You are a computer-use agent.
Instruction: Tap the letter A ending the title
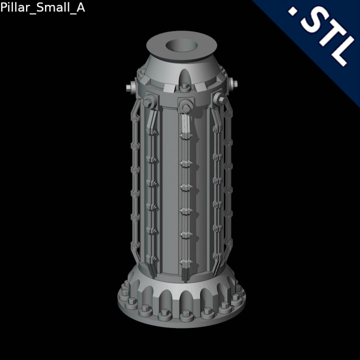tap(80, 8)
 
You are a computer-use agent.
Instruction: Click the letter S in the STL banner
tap(312, 25)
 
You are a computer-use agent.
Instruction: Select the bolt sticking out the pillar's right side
tap(232, 83)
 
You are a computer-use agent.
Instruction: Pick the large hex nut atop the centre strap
tap(185, 106)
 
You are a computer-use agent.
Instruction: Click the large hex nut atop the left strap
tap(148, 103)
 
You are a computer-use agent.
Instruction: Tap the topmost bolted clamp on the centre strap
tap(184, 137)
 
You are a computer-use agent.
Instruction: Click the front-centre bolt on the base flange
tap(186, 315)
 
